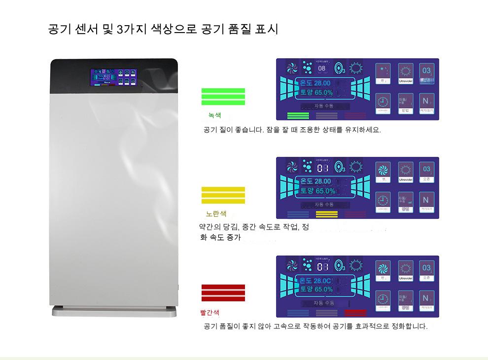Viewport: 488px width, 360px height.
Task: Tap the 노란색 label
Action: coord(216,214)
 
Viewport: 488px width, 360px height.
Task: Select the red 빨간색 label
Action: coord(210,312)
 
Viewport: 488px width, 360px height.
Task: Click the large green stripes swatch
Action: coord(223,96)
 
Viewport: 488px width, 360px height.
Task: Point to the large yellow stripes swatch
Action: coord(223,195)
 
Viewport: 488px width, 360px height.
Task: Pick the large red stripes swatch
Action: coord(223,292)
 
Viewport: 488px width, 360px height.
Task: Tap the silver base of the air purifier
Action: coord(114,312)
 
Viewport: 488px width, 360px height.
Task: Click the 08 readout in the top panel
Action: coord(322,68)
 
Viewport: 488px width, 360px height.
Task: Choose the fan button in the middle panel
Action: coord(383,172)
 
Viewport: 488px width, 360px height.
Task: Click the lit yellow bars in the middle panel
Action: coord(326,214)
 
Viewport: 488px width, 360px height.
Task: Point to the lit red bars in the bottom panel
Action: coord(355,313)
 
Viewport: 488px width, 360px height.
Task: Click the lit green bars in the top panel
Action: coord(298,116)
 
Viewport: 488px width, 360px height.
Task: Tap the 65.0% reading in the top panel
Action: coord(323,93)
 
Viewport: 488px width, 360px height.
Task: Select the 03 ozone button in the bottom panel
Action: coord(426,270)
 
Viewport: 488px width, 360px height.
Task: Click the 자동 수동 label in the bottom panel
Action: coord(324,303)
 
